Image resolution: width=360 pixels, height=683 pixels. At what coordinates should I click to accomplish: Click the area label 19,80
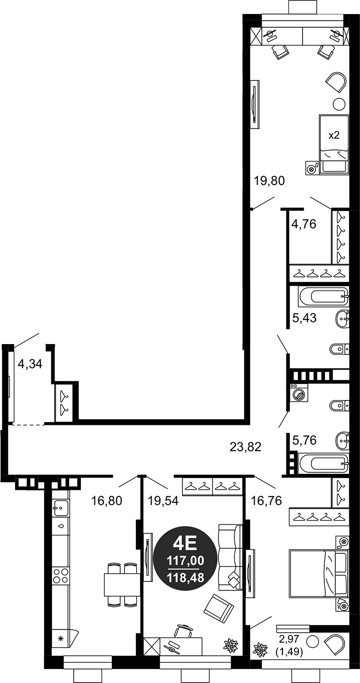pyautogui.click(x=269, y=181)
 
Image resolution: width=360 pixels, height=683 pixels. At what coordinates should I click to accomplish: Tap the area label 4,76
pyautogui.click(x=304, y=224)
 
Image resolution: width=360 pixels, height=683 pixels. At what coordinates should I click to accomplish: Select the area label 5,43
pyautogui.click(x=304, y=318)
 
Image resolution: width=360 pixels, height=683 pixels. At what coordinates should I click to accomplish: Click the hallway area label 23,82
pyautogui.click(x=245, y=446)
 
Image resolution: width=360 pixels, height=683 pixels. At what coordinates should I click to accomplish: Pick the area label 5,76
pyautogui.click(x=304, y=440)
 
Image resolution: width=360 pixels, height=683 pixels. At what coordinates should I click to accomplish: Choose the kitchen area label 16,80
pyautogui.click(x=107, y=501)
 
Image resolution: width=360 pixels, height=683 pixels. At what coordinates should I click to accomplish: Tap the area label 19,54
pyautogui.click(x=163, y=501)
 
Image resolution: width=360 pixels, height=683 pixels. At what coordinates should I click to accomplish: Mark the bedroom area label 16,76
pyautogui.click(x=266, y=501)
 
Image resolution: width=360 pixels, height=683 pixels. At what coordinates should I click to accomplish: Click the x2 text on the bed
pyautogui.click(x=334, y=135)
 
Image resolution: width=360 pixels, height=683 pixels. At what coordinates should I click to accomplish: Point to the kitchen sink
pyautogui.click(x=61, y=507)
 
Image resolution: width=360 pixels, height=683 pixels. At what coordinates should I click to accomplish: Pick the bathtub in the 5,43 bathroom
pyautogui.click(x=323, y=297)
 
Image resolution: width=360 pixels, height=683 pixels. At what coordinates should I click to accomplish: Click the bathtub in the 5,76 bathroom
pyautogui.click(x=323, y=463)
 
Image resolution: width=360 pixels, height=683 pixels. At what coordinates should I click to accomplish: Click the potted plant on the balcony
pyautogui.click(x=260, y=650)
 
